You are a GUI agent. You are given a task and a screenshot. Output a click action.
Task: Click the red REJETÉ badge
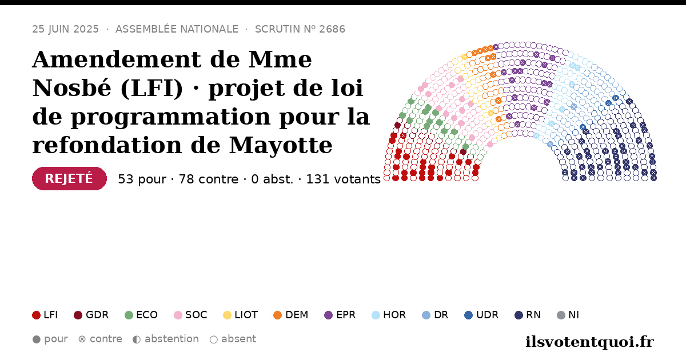pyautogui.click(x=69, y=178)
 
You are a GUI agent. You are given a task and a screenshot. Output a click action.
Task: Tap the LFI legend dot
pyautogui.click(x=36, y=315)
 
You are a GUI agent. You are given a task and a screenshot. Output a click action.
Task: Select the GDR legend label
pyautogui.click(x=97, y=315)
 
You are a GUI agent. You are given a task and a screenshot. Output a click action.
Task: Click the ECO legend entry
pyautogui.click(x=141, y=315)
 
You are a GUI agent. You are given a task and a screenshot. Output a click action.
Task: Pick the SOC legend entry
pyautogui.click(x=190, y=315)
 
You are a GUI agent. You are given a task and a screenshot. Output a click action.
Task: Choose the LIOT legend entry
pyautogui.click(x=241, y=315)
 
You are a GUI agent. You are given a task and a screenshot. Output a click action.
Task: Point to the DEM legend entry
pyautogui.click(x=290, y=315)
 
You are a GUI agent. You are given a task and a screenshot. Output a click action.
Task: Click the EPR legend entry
pyautogui.click(x=340, y=315)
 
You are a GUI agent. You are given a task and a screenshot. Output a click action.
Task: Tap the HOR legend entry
pyautogui.click(x=389, y=315)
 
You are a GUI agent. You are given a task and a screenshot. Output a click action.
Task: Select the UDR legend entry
pyautogui.click(x=481, y=315)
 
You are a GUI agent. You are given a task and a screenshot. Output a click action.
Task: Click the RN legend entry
pyautogui.click(x=528, y=315)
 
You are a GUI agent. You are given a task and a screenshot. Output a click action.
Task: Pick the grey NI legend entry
pyautogui.click(x=568, y=315)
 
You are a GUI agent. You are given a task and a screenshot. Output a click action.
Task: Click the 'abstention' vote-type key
pyautogui.click(x=166, y=339)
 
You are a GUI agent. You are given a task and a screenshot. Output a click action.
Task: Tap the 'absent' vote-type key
pyautogui.click(x=233, y=339)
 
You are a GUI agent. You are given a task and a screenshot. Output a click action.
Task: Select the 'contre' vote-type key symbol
pyautogui.click(x=82, y=339)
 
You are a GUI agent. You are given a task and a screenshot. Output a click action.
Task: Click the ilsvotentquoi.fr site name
pyautogui.click(x=589, y=342)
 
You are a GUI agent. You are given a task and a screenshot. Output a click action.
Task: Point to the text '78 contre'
pyautogui.click(x=209, y=179)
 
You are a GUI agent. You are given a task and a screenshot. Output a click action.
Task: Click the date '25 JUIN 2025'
pyautogui.click(x=66, y=29)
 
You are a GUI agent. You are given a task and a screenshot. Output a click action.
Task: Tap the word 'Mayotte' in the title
pyautogui.click(x=281, y=145)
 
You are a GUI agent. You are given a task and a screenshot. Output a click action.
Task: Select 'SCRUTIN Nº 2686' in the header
pyautogui.click(x=300, y=29)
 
